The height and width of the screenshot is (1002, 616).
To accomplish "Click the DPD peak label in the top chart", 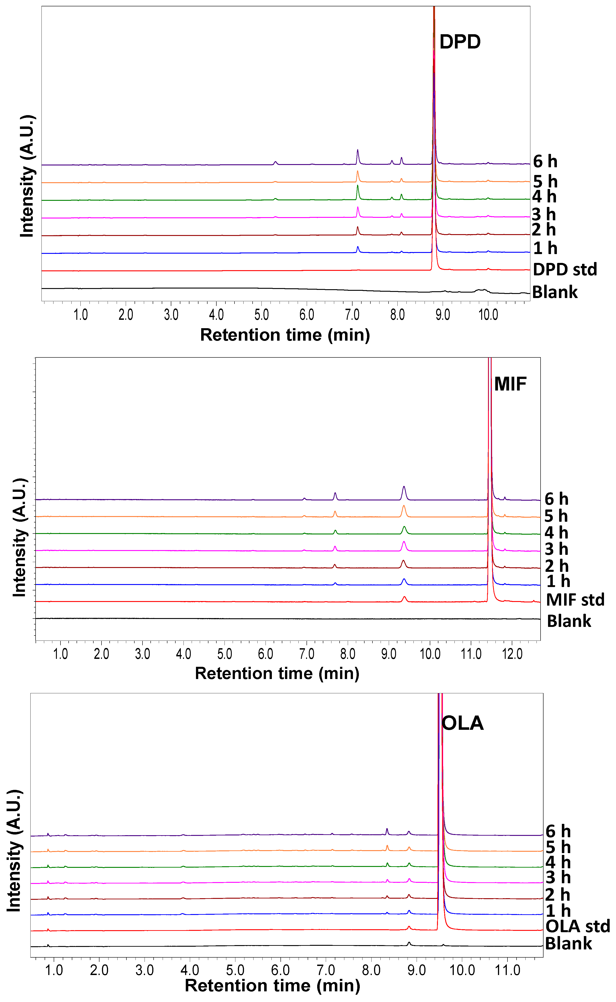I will pos(460,42).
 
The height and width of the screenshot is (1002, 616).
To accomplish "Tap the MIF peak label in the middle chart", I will pos(510,384).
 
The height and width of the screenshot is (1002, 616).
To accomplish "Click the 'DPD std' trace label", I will pos(565,269).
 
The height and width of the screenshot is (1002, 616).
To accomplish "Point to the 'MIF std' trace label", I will pos(575,600).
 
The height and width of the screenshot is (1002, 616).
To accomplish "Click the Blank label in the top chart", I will pos(554,292).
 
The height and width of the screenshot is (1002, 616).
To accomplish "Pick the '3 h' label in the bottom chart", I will pos(558,877).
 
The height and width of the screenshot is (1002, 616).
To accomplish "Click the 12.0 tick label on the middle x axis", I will pos(512,654).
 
